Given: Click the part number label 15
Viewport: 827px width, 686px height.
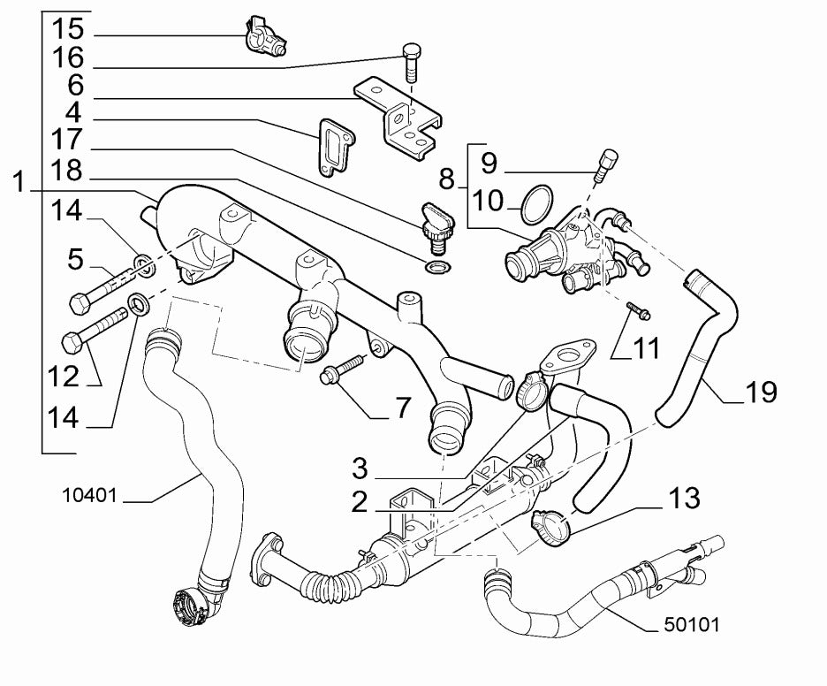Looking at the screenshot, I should pyautogui.click(x=68, y=27).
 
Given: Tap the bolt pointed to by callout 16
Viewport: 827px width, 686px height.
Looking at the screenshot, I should pyautogui.click(x=411, y=61).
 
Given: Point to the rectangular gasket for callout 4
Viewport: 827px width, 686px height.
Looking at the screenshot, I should pyautogui.click(x=332, y=145).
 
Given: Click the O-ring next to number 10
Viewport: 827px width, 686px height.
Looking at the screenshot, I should pyautogui.click(x=535, y=204).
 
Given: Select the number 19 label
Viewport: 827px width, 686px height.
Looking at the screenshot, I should pyautogui.click(x=760, y=392).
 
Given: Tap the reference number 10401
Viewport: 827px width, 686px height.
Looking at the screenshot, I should pyautogui.click(x=90, y=495).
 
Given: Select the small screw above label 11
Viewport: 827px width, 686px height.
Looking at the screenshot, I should pyautogui.click(x=639, y=311).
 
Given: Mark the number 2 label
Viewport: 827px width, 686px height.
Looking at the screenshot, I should pyautogui.click(x=360, y=501).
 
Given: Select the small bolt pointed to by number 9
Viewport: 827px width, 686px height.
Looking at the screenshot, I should pyautogui.click(x=607, y=164).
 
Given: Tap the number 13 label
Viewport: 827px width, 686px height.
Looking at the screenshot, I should pyautogui.click(x=683, y=499).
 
